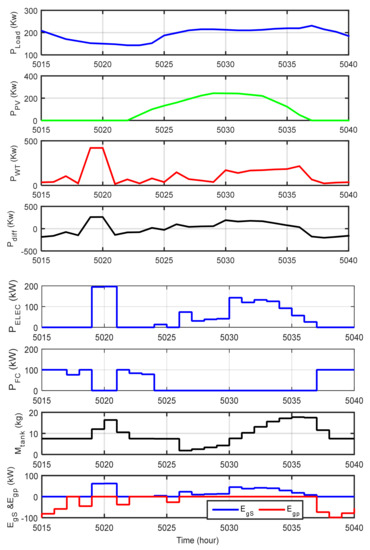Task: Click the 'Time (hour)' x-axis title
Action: (196, 541)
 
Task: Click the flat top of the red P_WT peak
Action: (98, 148)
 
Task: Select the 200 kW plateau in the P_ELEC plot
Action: (104, 287)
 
